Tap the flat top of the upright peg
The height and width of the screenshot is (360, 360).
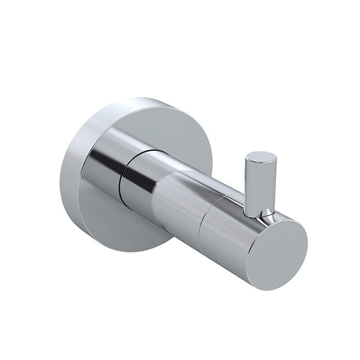(261, 158)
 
